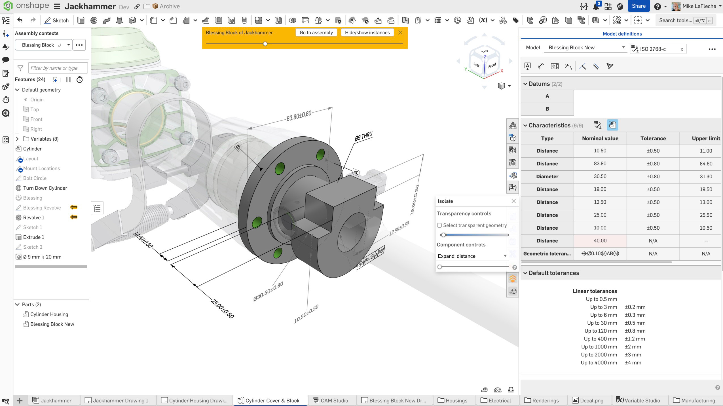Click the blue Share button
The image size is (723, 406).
tap(638, 6)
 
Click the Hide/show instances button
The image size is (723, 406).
tap(367, 33)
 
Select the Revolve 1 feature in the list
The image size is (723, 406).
tap(33, 217)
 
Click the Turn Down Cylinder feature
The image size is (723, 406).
tap(45, 188)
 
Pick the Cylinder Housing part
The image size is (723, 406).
tap(49, 314)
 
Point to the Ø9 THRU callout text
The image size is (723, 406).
tap(363, 136)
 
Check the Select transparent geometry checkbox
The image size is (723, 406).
tap(439, 225)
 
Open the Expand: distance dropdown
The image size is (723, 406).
tap(472, 256)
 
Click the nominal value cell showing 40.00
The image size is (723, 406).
tap(600, 241)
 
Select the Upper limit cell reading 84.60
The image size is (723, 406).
tap(705, 164)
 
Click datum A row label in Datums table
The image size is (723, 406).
tap(547, 96)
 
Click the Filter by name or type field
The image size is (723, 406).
tap(58, 68)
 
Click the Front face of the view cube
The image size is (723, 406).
tap(492, 65)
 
